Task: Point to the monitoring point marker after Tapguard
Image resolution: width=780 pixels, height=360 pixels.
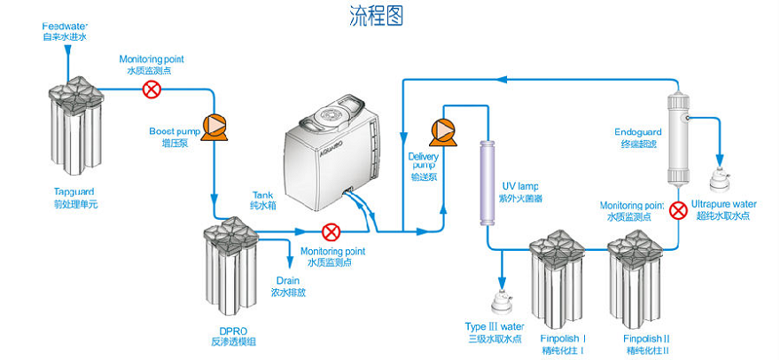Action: (153, 89)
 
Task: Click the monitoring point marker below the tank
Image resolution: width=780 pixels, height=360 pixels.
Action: (331, 232)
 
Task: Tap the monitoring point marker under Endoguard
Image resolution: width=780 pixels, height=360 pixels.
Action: (678, 210)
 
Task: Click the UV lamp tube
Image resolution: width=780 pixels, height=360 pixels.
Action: (487, 181)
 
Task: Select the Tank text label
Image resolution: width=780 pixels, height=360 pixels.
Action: (263, 198)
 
